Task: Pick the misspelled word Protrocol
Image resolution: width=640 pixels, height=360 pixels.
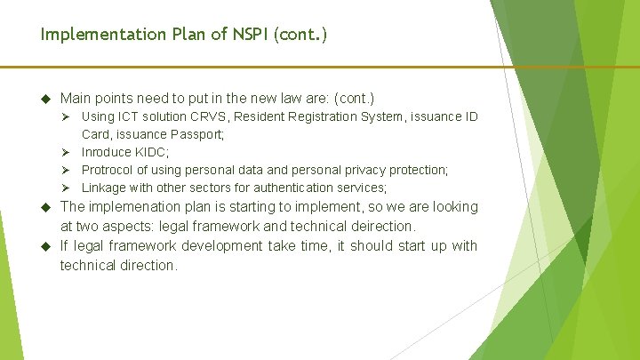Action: [110, 170]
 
